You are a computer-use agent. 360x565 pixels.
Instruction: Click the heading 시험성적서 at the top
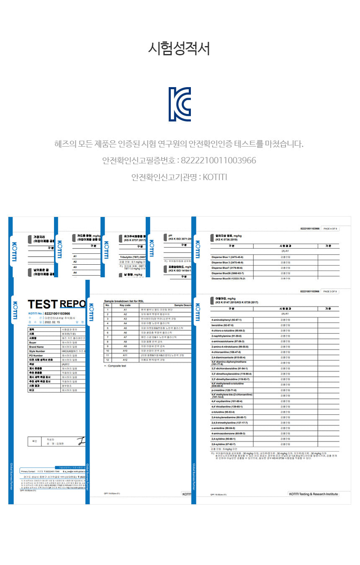179,49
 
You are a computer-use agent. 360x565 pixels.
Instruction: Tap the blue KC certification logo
180,104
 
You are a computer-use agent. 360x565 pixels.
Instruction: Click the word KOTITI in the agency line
215,177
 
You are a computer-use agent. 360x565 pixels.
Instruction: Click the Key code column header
125,305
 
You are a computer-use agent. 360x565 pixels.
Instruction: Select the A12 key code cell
125,360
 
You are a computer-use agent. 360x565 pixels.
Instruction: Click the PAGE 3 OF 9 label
330,291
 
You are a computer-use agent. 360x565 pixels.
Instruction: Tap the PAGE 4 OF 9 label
330,229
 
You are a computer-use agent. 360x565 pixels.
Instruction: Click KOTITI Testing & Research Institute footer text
313,494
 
